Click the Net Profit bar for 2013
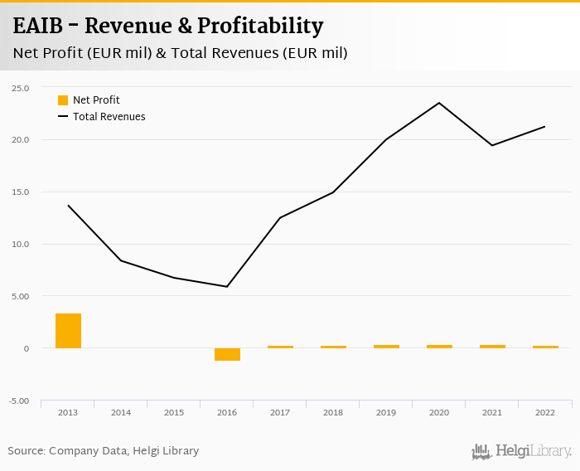pos(68,331)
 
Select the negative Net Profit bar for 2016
pos(227,354)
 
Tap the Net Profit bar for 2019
pos(386,347)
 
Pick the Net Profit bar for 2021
pos(492,347)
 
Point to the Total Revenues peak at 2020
pos(439,103)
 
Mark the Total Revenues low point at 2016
pos(227,287)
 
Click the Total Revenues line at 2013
pos(68,205)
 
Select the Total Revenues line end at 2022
pos(544,127)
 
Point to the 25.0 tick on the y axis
pos(20,88)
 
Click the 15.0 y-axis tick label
pos(20,192)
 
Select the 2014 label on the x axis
pos(121,412)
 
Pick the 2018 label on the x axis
pos(333,412)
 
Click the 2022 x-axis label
pos(544,412)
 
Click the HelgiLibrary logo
pos(521,452)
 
